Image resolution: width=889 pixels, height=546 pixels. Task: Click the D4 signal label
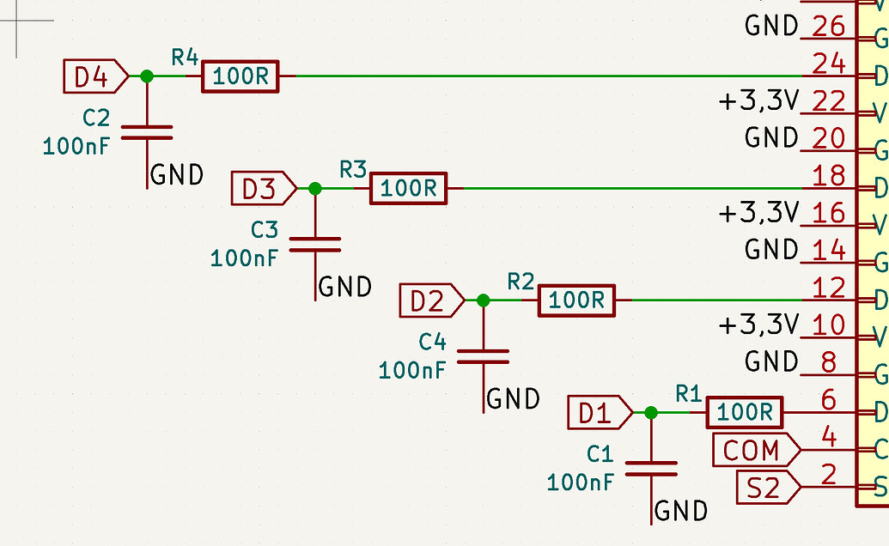93,77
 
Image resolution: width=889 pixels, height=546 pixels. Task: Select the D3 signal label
261,189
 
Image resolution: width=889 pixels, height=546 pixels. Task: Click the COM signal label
753,449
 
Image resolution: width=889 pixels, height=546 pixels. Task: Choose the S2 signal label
764,488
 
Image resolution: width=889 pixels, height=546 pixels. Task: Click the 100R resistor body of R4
241,77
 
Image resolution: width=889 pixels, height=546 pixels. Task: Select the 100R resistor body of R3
409,189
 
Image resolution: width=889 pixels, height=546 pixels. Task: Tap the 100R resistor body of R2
577,301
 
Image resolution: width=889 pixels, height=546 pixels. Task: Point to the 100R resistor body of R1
745,414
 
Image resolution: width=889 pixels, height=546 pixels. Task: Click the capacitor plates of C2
147,132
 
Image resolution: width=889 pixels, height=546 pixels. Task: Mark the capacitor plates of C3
315,245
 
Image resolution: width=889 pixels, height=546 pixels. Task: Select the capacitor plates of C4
483,356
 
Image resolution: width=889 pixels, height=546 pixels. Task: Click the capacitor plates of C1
651,469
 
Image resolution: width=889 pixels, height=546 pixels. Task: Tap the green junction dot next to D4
147,76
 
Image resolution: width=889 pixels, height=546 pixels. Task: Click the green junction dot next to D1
651,413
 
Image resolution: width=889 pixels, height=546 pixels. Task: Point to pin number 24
829,64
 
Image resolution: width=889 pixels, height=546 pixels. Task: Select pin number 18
829,176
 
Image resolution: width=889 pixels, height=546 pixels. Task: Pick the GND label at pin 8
772,362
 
